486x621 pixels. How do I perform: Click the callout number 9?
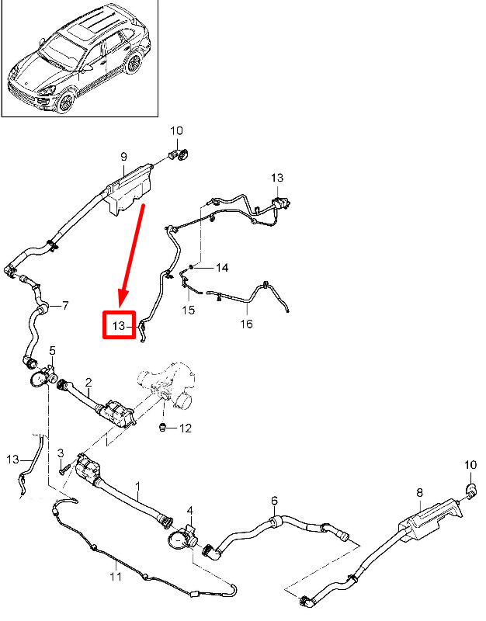tap(123, 157)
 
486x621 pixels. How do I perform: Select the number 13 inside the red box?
tap(119, 325)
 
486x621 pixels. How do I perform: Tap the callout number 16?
tap(245, 323)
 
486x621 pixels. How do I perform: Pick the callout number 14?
tap(222, 268)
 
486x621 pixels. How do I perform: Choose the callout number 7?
tap(65, 305)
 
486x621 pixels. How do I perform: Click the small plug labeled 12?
tap(162, 427)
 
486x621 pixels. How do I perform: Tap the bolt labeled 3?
tap(61, 469)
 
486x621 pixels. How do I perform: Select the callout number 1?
tap(137, 490)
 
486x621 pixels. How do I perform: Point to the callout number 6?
tap(273, 500)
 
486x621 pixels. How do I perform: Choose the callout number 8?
tap(419, 492)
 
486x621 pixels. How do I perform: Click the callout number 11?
tap(115, 577)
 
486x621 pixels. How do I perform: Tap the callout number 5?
tap(53, 351)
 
